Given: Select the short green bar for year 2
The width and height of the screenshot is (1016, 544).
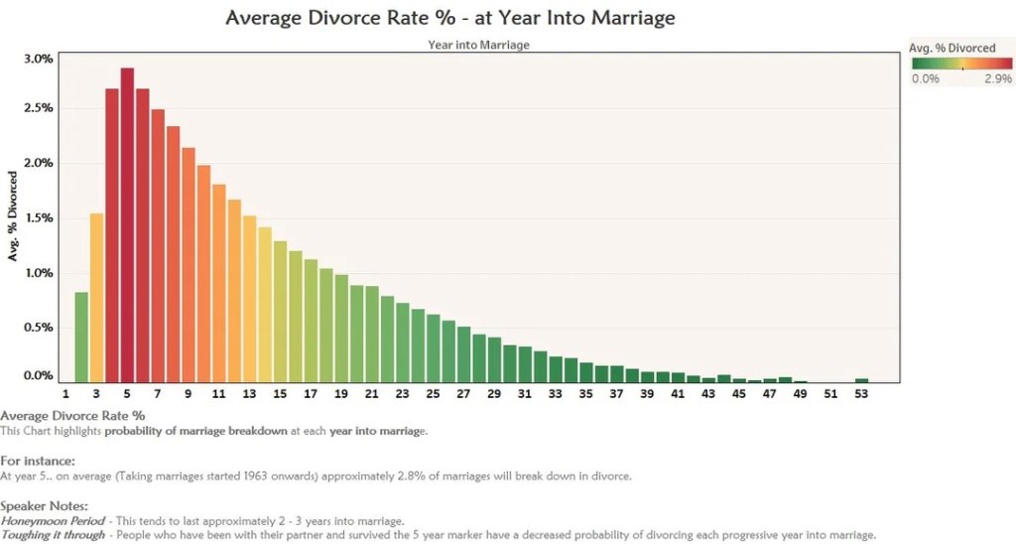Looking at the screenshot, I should click(81, 338).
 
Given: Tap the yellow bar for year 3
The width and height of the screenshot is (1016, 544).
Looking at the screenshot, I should click(96, 298).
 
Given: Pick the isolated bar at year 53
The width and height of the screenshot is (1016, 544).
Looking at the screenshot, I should click(861, 380).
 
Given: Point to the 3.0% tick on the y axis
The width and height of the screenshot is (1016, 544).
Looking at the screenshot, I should click(39, 59).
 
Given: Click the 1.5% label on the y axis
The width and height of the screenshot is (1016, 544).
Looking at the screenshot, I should click(39, 217).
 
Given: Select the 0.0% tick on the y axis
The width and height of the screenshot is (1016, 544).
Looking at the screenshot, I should click(39, 375).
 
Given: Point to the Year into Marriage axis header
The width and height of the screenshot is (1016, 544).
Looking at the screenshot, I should click(478, 45).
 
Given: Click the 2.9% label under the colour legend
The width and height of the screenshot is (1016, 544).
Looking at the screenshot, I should click(997, 78).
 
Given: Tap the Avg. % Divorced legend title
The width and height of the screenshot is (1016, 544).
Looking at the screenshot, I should click(952, 48).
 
